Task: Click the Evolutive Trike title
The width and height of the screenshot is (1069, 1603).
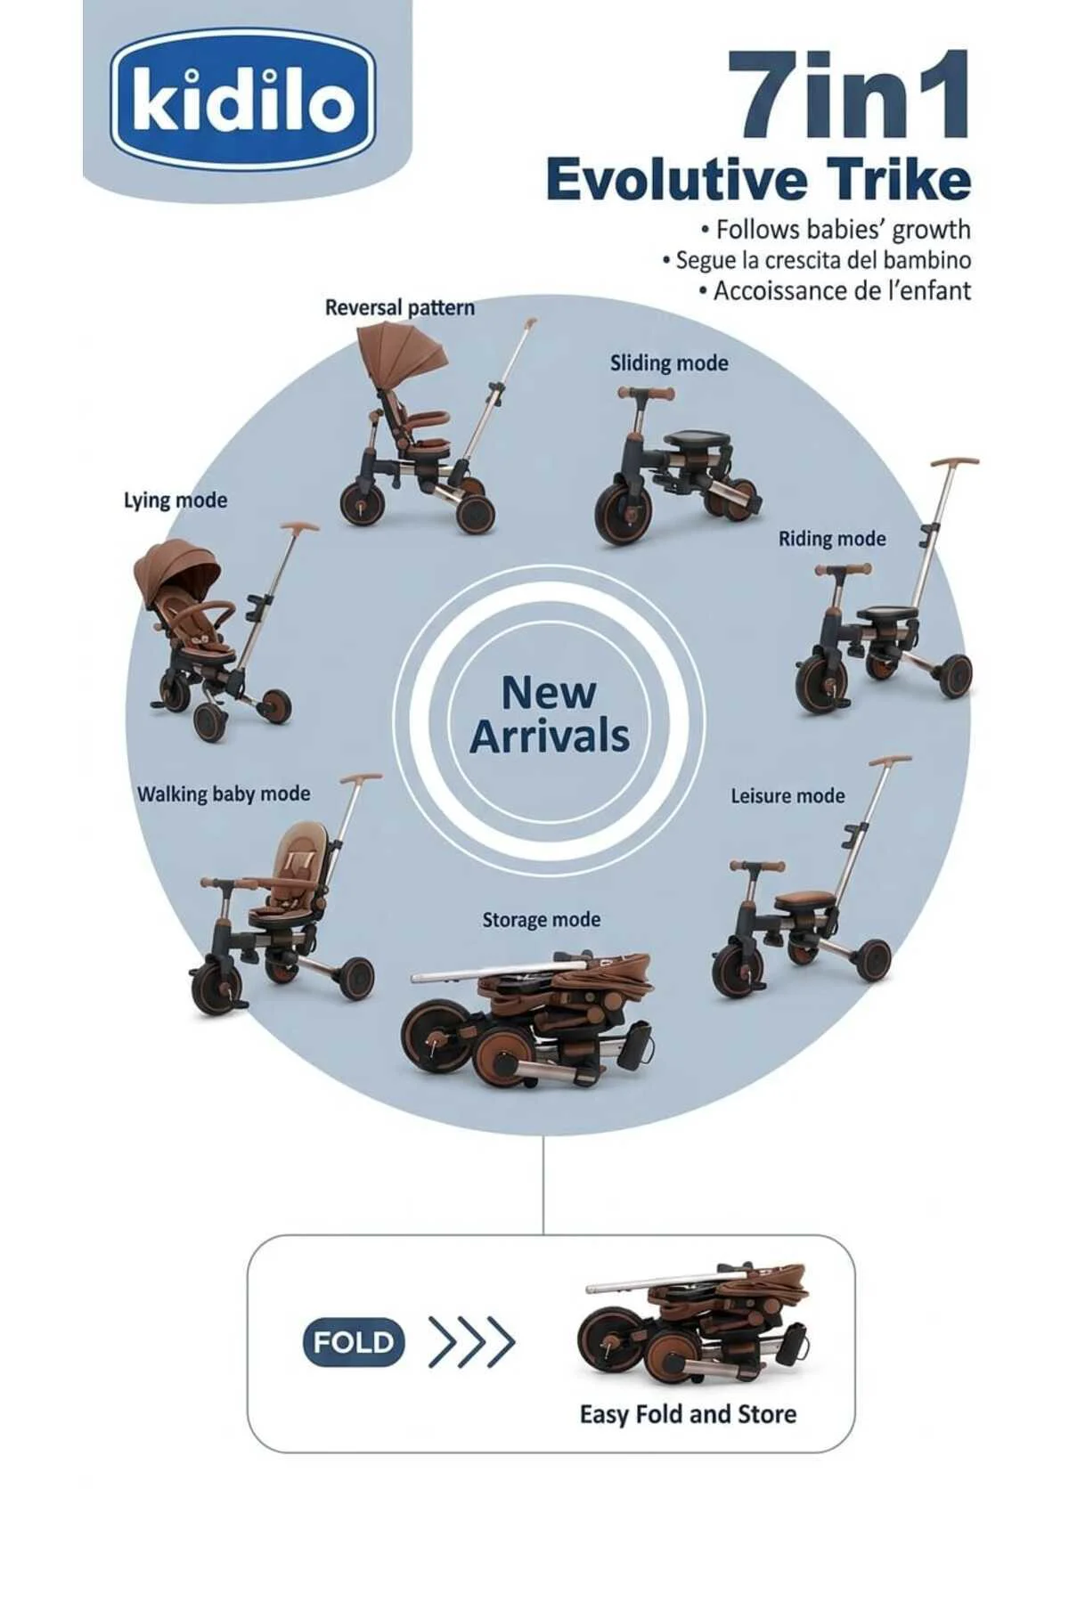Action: pos(758,179)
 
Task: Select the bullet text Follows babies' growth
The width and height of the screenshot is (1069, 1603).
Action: pos(836,230)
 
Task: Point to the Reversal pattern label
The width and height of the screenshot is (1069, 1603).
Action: pos(399,307)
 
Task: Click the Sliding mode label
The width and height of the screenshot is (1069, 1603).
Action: pos(669,362)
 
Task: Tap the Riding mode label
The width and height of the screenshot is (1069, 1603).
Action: pos(832,539)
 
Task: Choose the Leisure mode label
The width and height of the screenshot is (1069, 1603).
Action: pos(787,795)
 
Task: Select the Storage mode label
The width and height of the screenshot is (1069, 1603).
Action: pos(541,919)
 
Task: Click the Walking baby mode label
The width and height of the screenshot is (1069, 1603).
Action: pos(224,793)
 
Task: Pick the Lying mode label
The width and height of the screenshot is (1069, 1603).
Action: pos(175,500)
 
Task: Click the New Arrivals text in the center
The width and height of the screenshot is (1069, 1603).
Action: pos(550,715)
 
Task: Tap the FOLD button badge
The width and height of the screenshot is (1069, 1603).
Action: pos(354,1342)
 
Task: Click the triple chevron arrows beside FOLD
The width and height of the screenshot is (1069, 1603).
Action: pos(471,1342)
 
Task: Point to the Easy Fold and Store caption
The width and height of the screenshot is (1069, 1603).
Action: pos(688,1414)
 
